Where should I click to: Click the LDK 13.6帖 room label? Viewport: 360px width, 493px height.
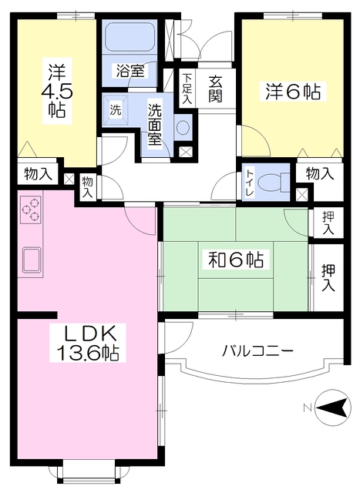(x=88, y=343)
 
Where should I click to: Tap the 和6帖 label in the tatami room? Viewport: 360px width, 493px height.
(x=236, y=260)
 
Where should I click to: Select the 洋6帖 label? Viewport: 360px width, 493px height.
(x=293, y=92)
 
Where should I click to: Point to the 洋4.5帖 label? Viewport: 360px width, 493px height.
(x=57, y=91)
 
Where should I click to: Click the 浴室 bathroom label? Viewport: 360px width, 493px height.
(x=130, y=71)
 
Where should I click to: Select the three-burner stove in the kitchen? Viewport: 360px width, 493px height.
(x=31, y=210)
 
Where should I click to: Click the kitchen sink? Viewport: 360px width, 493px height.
(x=31, y=260)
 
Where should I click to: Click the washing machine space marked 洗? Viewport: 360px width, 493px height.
(x=115, y=110)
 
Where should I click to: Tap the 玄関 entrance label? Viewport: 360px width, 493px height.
(x=216, y=89)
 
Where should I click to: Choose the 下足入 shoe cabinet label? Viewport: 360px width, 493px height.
(x=187, y=89)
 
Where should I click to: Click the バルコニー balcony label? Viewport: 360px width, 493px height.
(x=258, y=350)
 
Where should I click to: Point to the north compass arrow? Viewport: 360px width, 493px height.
(x=333, y=407)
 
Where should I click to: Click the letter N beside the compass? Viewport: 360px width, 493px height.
(x=308, y=408)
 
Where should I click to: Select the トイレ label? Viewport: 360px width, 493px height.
(x=250, y=183)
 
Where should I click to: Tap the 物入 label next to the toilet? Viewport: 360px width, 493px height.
(x=320, y=173)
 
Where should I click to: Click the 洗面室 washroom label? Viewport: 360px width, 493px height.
(x=155, y=125)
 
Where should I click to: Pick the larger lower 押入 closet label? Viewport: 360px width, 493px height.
(x=328, y=278)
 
